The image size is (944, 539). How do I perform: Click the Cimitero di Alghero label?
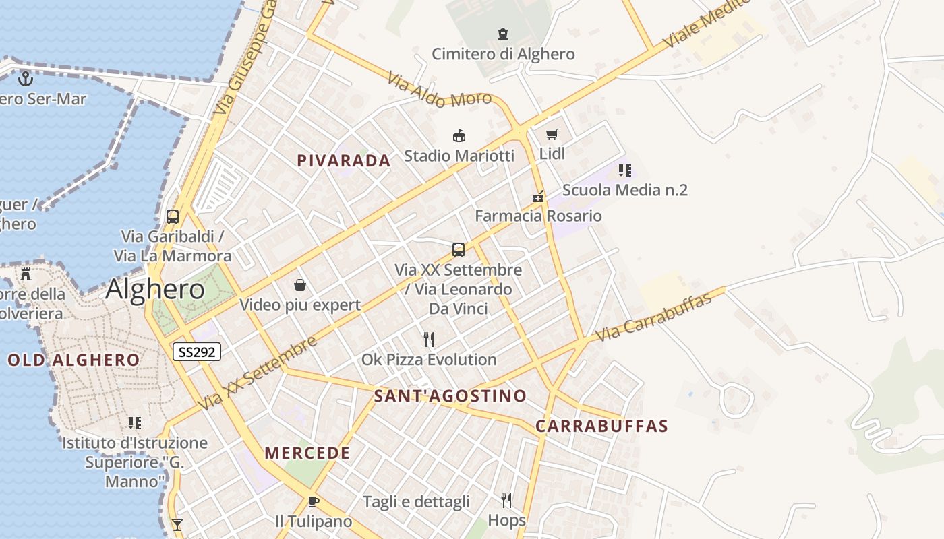click(503, 54)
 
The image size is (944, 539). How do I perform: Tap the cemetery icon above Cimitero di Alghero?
click(502, 34)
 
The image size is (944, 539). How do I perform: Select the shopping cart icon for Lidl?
click(552, 134)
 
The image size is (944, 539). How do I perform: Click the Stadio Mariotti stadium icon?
click(459, 136)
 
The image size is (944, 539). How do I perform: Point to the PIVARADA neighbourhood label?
click(344, 160)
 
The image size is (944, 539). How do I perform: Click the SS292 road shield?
click(197, 351)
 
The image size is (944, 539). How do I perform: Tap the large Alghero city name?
click(155, 289)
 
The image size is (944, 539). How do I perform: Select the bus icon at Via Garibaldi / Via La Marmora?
click(173, 217)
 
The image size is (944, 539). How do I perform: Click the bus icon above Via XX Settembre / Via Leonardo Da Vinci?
click(459, 250)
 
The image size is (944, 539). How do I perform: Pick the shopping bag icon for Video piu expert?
click(300, 285)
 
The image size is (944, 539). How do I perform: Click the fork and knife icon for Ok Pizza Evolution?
click(429, 339)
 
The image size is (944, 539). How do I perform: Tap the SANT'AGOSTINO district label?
click(450, 395)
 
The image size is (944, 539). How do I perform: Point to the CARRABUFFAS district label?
click(601, 426)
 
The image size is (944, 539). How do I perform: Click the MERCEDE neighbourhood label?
click(307, 453)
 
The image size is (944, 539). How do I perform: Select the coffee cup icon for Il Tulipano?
click(313, 501)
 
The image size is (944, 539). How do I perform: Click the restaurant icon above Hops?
click(506, 500)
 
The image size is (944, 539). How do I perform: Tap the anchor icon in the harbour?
click(25, 79)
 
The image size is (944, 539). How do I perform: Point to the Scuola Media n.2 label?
click(624, 190)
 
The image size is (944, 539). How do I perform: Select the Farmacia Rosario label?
click(538, 216)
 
